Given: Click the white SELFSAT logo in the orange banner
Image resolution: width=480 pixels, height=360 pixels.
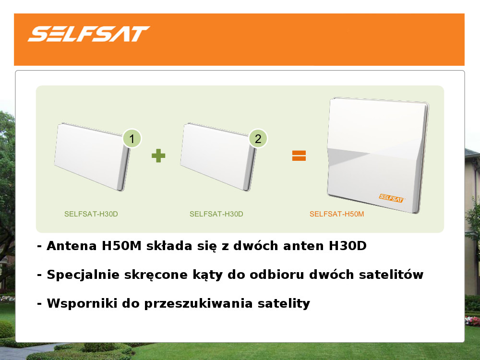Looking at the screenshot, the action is (x=89, y=34).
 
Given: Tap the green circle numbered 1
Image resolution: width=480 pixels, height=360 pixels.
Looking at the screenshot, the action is (x=132, y=138).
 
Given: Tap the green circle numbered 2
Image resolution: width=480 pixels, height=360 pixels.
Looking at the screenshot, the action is (x=258, y=138).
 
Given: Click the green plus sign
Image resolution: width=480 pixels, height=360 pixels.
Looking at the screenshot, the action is (x=158, y=156).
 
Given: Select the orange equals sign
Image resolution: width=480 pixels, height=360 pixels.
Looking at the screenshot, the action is (x=299, y=156).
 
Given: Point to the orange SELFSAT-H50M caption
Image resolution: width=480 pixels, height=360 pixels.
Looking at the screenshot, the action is (x=337, y=214).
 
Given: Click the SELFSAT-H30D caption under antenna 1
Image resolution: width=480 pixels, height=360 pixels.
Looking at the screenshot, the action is (x=91, y=214).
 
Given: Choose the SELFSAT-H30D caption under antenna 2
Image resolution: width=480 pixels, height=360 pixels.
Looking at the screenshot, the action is (x=216, y=214).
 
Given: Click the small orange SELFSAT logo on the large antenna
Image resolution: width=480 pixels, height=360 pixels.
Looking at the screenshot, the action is (x=392, y=198).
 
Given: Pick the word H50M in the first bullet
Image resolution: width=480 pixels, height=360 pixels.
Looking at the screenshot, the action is (x=121, y=246).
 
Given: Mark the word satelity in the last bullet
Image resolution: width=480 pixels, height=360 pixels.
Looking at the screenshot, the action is (x=284, y=304).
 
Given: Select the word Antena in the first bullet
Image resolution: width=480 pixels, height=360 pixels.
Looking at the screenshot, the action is (x=72, y=246).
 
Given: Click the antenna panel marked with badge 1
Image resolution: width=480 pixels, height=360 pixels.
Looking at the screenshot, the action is (x=92, y=157).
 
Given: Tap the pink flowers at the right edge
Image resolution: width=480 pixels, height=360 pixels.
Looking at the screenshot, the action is (x=472, y=321).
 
